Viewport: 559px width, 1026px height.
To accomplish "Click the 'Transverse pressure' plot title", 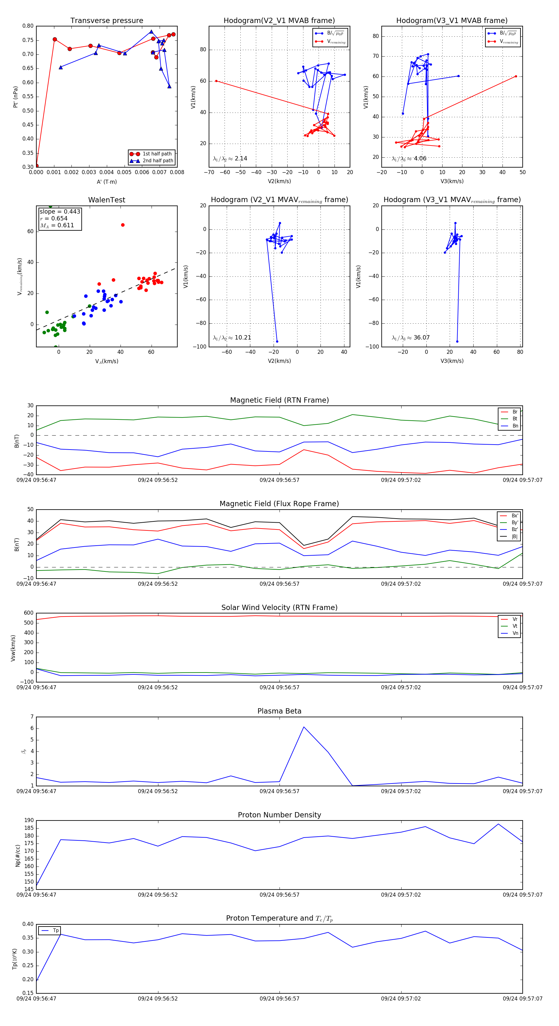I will [107, 21].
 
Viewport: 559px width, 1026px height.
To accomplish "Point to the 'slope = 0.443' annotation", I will [60, 211].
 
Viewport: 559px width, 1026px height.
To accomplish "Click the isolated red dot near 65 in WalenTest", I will [123, 225].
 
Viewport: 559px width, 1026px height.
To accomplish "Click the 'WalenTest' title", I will [107, 200].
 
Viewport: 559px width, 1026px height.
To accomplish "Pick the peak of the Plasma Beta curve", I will [304, 727].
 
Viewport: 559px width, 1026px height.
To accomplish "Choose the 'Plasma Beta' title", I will [279, 711].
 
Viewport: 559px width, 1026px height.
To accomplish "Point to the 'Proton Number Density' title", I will [279, 815].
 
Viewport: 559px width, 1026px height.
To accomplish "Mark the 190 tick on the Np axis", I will [29, 820].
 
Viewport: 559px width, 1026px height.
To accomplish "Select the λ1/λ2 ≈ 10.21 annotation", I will [232, 338].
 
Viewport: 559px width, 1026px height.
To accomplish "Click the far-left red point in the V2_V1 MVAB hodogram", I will [216, 81].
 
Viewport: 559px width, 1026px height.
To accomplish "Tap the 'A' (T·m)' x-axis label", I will [107, 182].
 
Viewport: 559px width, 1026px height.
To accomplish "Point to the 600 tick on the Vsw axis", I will [29, 613].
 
